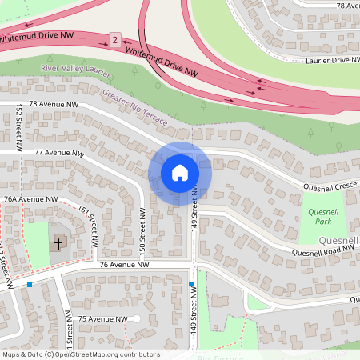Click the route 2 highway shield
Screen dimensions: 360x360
click(115, 40)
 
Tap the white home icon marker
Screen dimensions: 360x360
click(180, 173)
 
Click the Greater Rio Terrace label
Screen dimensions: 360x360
click(134, 109)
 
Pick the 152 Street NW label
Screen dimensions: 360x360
click(18, 130)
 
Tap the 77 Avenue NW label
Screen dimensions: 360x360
click(58, 152)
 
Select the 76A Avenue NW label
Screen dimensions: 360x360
click(30, 198)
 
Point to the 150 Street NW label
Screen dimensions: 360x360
click(142, 232)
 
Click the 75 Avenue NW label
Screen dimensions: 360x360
click(102, 319)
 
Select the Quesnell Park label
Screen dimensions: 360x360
click(324, 216)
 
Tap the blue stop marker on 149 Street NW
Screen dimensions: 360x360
click(191, 285)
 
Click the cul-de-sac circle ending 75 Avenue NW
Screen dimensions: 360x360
click(136, 319)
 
